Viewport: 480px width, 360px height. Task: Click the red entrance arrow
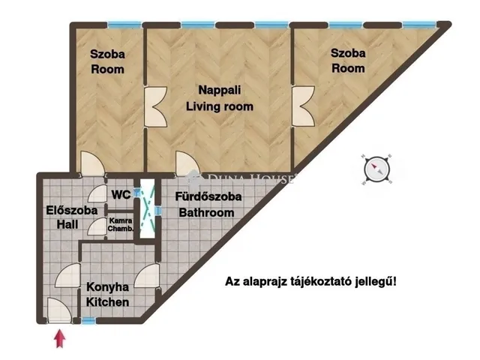[x=60, y=338]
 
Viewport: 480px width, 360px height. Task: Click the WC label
[x=121, y=194]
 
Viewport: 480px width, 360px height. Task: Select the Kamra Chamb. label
[x=121, y=224]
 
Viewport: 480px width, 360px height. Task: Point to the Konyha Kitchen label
[x=107, y=295]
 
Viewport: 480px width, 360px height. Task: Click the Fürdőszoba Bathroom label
[x=208, y=205]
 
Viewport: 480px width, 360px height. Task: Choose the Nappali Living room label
[x=220, y=98]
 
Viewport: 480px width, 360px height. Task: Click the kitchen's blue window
[x=88, y=320]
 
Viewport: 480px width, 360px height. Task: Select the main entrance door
[x=60, y=310]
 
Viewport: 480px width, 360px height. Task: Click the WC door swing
[x=97, y=193]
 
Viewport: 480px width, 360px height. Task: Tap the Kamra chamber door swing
[x=97, y=226]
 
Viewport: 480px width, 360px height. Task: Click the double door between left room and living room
[x=155, y=106]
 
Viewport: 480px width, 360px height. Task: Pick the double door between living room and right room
[x=303, y=106]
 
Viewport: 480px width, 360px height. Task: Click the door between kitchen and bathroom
[x=147, y=276]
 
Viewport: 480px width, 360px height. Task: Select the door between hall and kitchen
[x=68, y=275]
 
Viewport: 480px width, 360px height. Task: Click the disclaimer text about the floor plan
[x=310, y=281]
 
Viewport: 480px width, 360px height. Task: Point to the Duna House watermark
[x=242, y=178]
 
